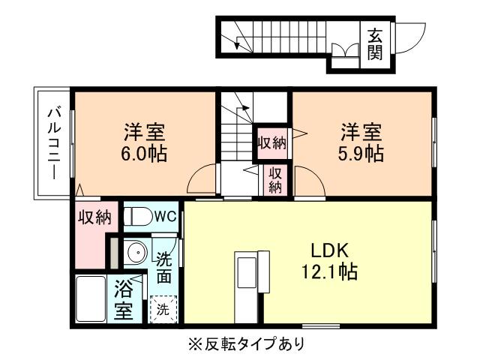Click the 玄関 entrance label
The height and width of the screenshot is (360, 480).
pos(375,43)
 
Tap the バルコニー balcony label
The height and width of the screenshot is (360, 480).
pos(52,143)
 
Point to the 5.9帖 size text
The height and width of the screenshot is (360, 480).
pos(363,154)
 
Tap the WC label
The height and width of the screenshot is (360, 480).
pos(164,216)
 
